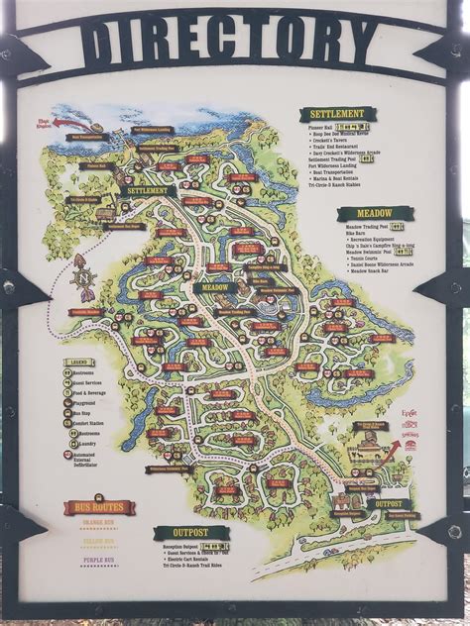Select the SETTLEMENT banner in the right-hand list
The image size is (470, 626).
337,115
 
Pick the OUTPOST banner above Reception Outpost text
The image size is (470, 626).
190,533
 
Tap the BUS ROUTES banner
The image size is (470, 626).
99,508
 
